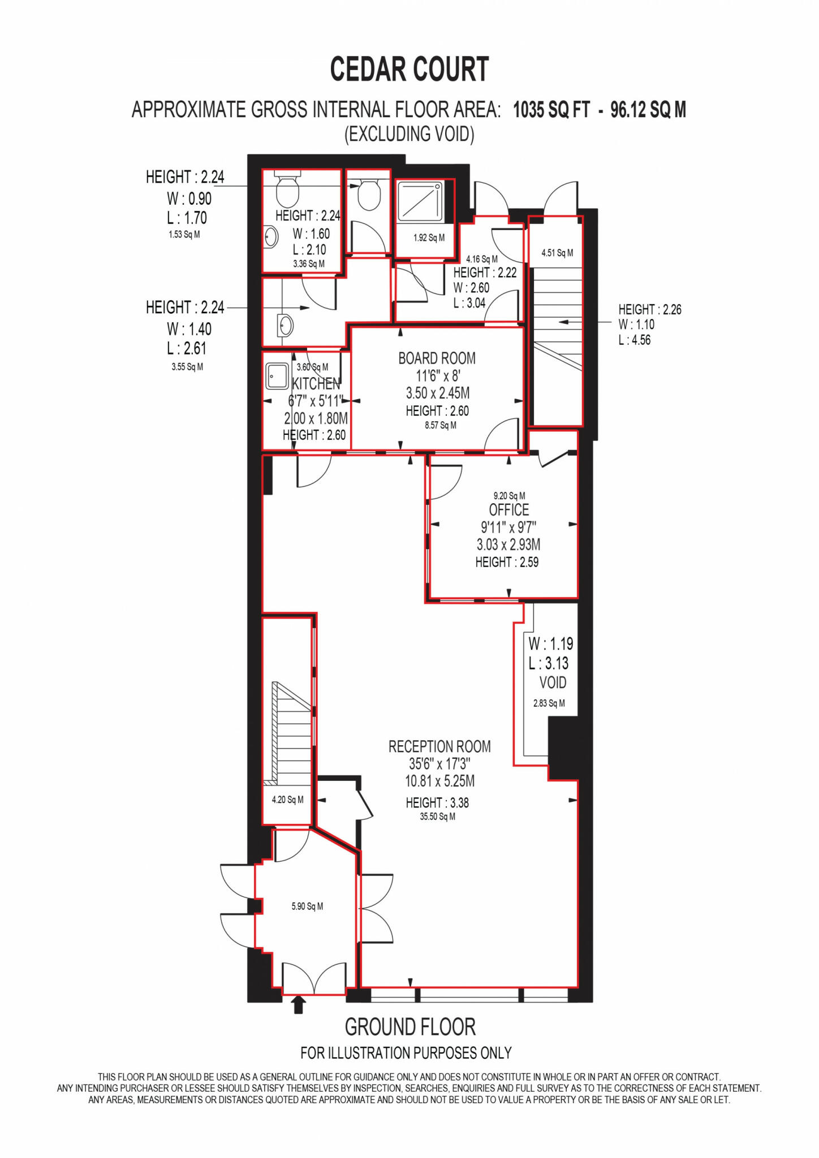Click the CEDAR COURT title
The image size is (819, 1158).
click(x=409, y=70)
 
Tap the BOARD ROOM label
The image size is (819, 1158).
click(x=437, y=358)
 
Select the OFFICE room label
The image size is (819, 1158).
click(x=508, y=510)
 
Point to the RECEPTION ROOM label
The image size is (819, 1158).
click(x=439, y=746)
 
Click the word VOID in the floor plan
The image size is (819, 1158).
click(x=553, y=682)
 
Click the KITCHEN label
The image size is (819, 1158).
click(x=316, y=384)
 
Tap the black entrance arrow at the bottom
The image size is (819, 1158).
click(x=299, y=1005)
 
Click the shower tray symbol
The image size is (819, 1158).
click(x=421, y=201)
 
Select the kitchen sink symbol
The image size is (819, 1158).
click(x=277, y=375)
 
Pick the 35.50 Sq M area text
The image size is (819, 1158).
click(x=437, y=816)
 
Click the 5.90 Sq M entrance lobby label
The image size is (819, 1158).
click(x=307, y=906)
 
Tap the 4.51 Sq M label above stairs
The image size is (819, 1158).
click(x=557, y=253)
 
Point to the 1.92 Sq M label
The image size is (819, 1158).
click(x=429, y=238)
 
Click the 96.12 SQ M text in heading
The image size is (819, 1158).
click(x=648, y=110)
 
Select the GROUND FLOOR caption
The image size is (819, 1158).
click(x=410, y=1026)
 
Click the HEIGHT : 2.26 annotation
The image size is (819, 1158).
click(x=649, y=309)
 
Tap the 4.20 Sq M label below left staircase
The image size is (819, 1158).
click(x=287, y=800)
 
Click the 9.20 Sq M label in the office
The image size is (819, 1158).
click(x=509, y=496)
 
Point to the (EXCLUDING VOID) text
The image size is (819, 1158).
click(x=409, y=134)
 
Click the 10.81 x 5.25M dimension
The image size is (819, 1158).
click(x=439, y=781)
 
